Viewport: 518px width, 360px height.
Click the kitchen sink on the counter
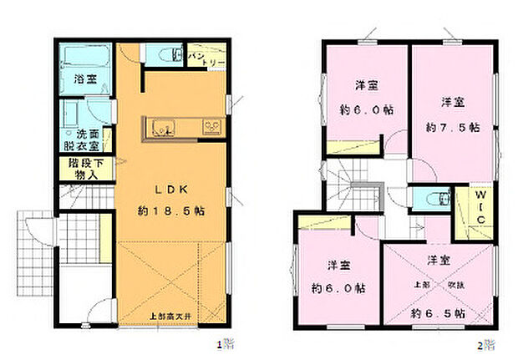(161, 128)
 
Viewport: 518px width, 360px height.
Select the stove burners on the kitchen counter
(212, 127)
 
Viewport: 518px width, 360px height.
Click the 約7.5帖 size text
(452, 128)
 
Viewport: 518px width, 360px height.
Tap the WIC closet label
(480, 207)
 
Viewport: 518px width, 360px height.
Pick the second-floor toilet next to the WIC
(435, 200)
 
